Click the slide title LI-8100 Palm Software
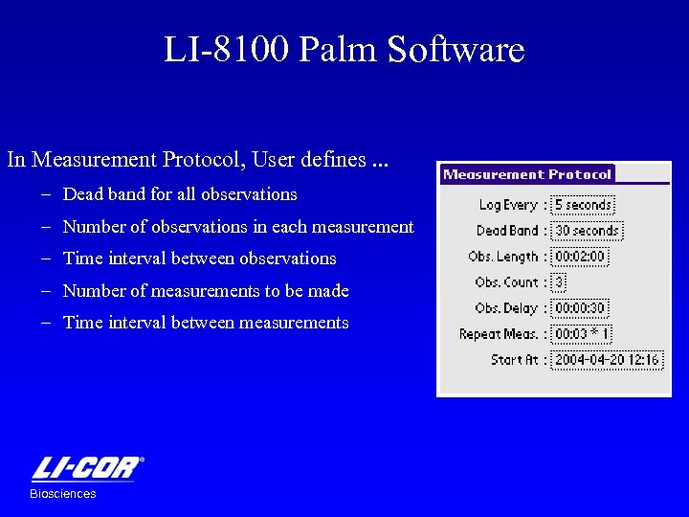344,50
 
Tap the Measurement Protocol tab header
527,174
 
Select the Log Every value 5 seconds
583,205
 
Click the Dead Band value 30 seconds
587,231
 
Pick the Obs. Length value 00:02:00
581,257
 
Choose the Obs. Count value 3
560,282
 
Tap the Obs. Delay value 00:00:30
580,308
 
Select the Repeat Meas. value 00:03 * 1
583,334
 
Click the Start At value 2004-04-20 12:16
607,360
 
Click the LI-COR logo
87,468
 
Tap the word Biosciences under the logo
63,494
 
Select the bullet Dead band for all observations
180,194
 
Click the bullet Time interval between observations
199,258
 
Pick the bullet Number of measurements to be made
206,291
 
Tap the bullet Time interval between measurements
206,323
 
